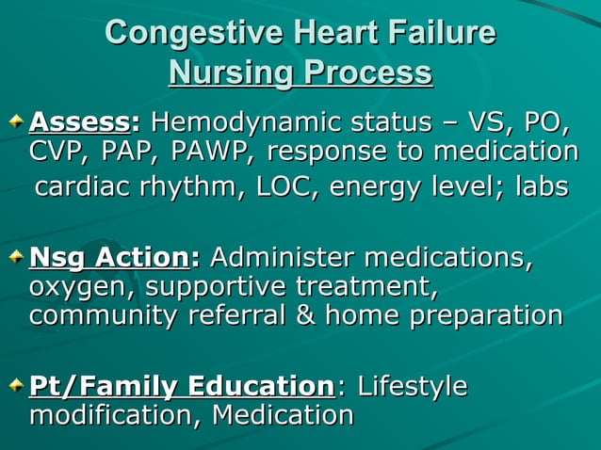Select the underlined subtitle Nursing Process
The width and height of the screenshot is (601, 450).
coord(300,72)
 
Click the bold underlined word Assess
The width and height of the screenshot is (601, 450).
coord(80,122)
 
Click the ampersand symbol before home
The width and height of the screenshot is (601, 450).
coord(307,315)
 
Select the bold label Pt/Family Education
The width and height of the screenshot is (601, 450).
coord(181,386)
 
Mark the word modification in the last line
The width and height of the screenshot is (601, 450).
coord(114,415)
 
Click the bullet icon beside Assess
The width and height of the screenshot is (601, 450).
coord(18,123)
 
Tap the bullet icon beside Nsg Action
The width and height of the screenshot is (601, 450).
coord(18,258)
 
